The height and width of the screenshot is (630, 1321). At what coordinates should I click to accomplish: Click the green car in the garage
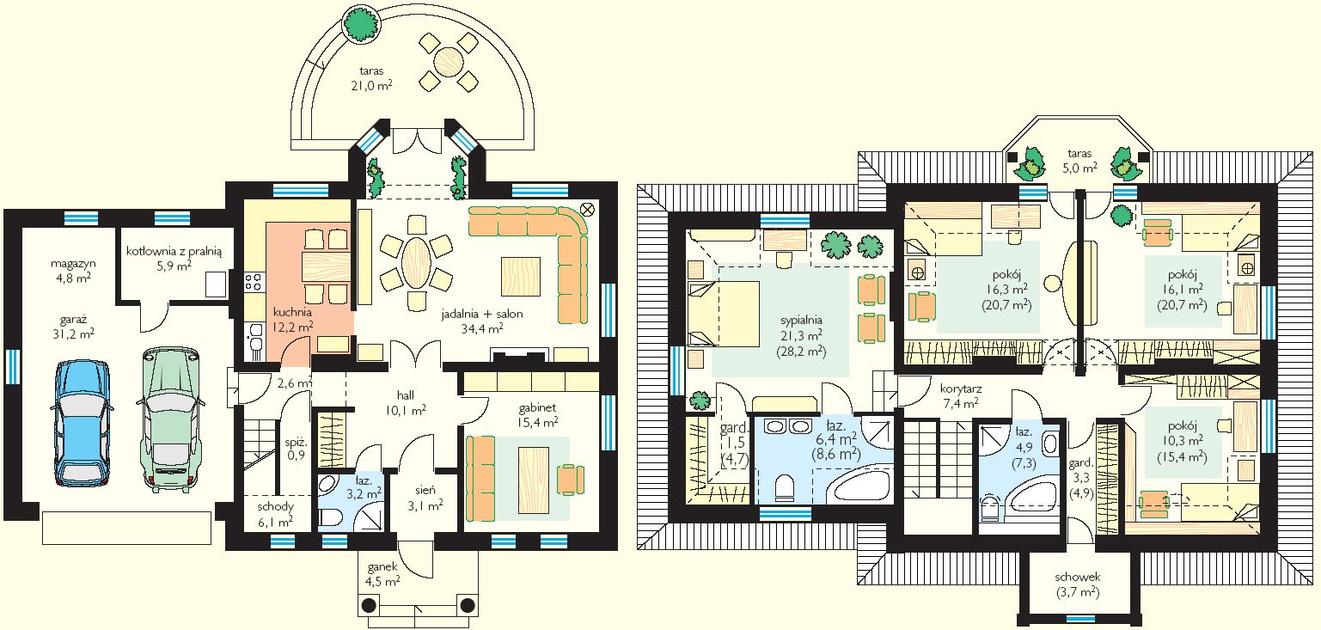click(171, 419)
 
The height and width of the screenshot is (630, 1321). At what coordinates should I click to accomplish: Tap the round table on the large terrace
click(448, 61)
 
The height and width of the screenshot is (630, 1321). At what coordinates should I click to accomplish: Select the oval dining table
click(416, 262)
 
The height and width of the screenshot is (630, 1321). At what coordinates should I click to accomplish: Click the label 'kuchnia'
click(292, 312)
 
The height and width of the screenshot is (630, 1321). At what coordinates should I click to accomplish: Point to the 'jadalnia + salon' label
click(482, 315)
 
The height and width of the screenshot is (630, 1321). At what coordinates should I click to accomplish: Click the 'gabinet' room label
click(537, 407)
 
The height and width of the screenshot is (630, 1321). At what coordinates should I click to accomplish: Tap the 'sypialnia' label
click(801, 321)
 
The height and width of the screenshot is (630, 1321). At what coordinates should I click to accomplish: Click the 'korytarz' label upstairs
click(961, 389)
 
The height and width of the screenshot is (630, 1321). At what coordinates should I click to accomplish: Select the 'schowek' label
click(1078, 577)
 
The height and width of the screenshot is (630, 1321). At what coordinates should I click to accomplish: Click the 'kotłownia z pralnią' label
click(174, 251)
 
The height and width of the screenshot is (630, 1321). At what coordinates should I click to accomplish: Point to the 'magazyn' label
click(73, 264)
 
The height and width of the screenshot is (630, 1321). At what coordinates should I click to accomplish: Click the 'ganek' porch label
click(382, 567)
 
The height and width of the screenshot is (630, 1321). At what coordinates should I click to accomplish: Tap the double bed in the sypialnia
click(724, 314)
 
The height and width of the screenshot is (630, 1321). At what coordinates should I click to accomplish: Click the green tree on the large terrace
click(360, 22)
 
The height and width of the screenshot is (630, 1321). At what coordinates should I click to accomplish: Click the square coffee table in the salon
click(521, 276)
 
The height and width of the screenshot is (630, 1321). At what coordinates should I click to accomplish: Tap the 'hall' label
click(405, 395)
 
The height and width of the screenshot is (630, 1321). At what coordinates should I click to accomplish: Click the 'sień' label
click(425, 490)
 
